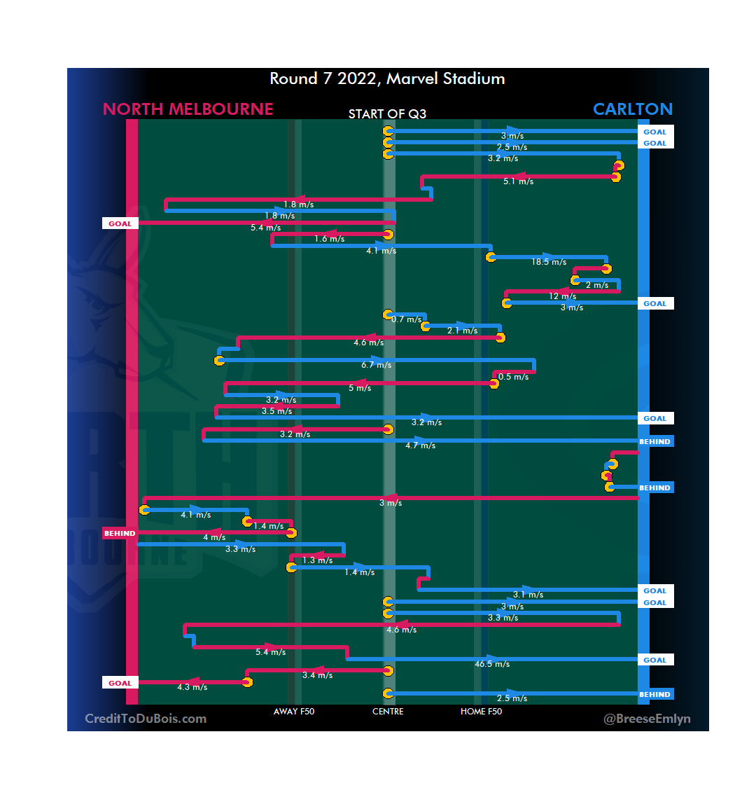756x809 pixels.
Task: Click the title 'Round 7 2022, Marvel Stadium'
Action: tap(387, 78)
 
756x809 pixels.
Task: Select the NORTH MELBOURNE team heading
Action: tap(188, 109)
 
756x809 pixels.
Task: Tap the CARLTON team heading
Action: tap(632, 109)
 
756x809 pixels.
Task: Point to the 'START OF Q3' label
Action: tap(387, 114)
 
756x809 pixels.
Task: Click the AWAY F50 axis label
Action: tap(294, 712)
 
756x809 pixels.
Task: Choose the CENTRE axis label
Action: tap(388, 712)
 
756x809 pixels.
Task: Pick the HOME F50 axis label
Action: tap(481, 712)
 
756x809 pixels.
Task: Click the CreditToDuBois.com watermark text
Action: tap(146, 719)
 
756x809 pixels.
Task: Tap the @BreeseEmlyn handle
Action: tap(647, 719)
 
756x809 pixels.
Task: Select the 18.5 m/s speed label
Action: tap(549, 262)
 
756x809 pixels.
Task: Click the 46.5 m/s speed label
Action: tap(492, 664)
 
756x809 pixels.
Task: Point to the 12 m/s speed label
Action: tap(563, 296)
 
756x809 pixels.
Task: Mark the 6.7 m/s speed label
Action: tap(377, 365)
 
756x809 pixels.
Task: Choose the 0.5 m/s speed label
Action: tap(513, 377)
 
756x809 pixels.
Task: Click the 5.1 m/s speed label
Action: tap(518, 181)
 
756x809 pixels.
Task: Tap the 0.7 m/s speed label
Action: tap(407, 319)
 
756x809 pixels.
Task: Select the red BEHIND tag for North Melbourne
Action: tap(120, 534)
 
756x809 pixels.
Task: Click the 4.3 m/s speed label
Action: tap(192, 687)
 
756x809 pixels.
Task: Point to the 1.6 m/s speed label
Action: tap(329, 239)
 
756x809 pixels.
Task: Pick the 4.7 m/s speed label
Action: tap(420, 445)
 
